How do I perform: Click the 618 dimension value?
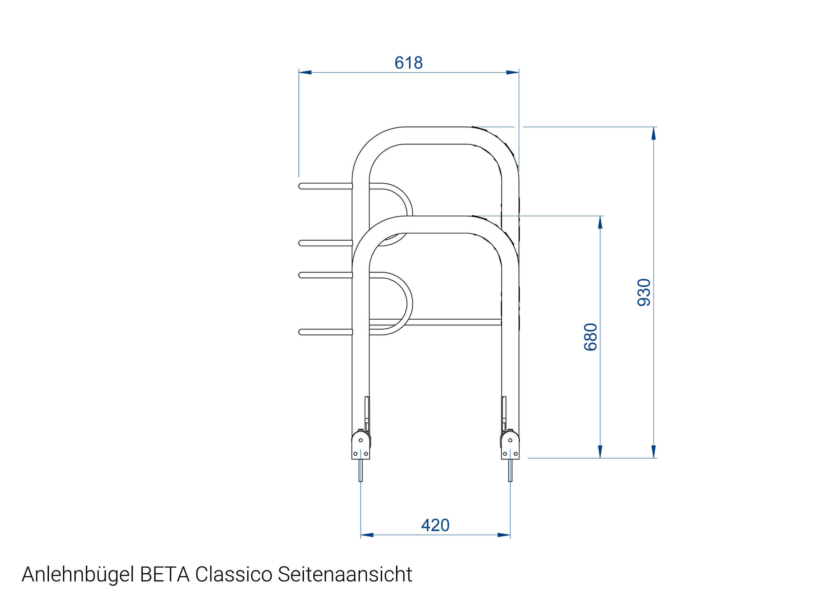(408, 63)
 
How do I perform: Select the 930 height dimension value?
(644, 292)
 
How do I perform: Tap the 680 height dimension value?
(590, 337)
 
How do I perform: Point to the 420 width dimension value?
(435, 525)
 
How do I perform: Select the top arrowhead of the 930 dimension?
(653, 133)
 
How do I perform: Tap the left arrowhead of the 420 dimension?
(367, 535)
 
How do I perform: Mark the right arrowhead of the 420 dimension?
(504, 535)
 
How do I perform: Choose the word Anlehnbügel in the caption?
(78, 575)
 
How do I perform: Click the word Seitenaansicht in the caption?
(345, 574)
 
